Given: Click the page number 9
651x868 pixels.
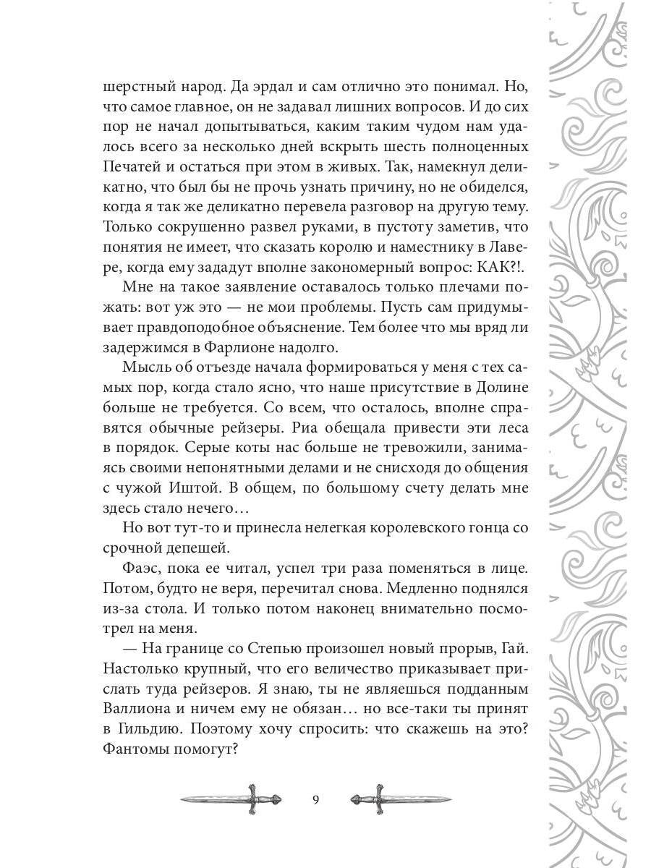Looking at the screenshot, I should (x=315, y=799).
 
